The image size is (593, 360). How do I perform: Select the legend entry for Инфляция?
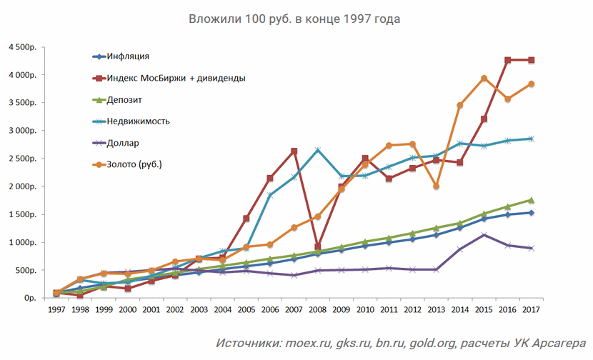coord(129,56)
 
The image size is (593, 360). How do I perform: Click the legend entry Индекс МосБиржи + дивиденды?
coord(175,78)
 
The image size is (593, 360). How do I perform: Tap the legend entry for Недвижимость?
coord(138,121)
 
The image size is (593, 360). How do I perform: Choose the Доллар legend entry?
coord(123,143)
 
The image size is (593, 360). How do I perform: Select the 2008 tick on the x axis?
coord(317,311)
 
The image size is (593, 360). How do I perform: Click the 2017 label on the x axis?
coord(532,311)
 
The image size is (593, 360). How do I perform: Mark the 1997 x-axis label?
coord(56,311)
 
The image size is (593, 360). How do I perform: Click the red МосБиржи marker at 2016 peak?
coord(508,60)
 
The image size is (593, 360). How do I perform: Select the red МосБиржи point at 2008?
coord(317,246)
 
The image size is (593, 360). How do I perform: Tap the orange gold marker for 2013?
coord(436,186)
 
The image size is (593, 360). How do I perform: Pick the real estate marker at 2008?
coord(317,150)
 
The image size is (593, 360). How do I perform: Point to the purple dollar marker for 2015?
coord(484,234)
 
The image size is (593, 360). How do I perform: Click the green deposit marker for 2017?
coord(532,200)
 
